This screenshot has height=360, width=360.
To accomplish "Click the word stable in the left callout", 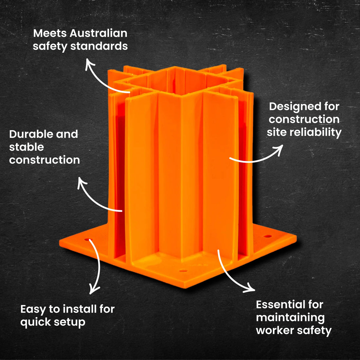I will (26, 147).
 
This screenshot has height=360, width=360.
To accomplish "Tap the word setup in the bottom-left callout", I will (70, 322).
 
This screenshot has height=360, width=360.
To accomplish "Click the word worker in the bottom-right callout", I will (274, 331).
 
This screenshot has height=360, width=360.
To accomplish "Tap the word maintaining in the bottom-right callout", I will (290, 317).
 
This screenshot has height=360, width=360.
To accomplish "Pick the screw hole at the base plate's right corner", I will (268, 236).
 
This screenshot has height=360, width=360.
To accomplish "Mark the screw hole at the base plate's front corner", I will (183, 271).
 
